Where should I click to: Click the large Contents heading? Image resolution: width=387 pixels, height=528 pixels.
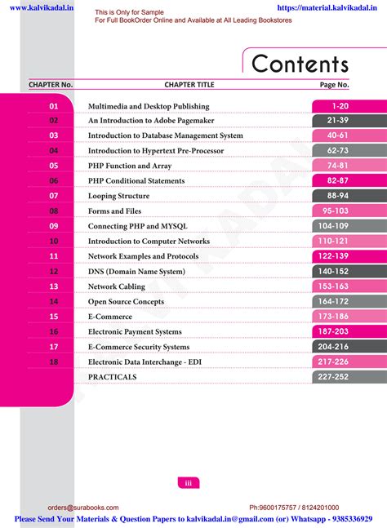(300, 64)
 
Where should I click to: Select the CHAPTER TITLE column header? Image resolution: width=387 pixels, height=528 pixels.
(189, 85)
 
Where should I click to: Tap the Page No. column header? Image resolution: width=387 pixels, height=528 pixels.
(334, 85)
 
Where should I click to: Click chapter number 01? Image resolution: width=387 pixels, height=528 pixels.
(54, 106)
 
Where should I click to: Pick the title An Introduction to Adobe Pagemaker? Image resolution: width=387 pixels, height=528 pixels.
(151, 121)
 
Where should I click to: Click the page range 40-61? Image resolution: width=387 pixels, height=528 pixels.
(337, 135)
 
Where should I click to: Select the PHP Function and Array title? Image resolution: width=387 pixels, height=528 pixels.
(130, 166)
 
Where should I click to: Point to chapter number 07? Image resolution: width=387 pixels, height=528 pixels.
(54, 196)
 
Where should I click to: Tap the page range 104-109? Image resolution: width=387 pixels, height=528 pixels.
(333, 226)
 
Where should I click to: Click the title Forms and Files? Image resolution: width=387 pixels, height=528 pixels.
(114, 211)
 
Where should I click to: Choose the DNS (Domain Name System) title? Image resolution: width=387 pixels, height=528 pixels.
(136, 272)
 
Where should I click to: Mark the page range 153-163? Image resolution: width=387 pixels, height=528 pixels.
(333, 286)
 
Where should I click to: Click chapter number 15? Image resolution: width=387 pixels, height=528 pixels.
(54, 317)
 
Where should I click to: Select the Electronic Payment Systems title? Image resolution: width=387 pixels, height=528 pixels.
(135, 331)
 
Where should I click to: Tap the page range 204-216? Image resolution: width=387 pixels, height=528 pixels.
(333, 347)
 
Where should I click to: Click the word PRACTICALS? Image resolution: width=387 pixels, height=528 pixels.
(112, 377)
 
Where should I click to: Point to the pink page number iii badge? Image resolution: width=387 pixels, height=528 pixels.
(189, 483)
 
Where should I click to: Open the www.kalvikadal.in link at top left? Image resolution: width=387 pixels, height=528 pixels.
(42, 7)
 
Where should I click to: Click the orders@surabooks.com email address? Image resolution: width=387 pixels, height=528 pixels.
(83, 508)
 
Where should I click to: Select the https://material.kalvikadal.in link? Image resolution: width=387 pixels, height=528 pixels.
(327, 7)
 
